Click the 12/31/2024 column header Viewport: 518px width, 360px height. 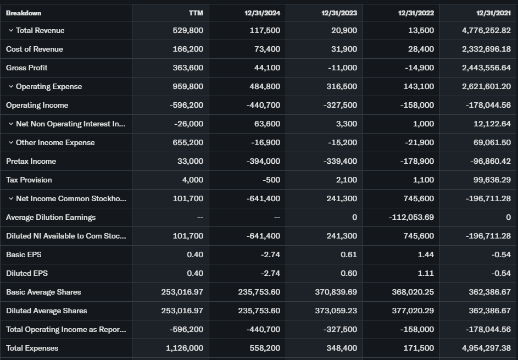(262, 13)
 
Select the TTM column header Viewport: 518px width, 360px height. (196, 13)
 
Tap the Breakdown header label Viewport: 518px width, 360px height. (24, 13)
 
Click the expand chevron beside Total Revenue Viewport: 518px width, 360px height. (10, 30)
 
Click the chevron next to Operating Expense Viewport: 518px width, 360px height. (10, 86)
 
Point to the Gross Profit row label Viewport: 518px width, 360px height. (27, 68)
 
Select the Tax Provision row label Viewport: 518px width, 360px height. (29, 180)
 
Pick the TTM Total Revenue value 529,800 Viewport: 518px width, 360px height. (188, 30)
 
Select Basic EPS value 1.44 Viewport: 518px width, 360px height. (425, 254)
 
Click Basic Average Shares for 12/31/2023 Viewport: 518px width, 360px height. (336, 292)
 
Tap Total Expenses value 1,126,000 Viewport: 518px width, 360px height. (185, 348)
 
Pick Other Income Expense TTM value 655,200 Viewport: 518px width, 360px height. (188, 142)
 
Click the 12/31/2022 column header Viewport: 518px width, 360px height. (416, 13)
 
